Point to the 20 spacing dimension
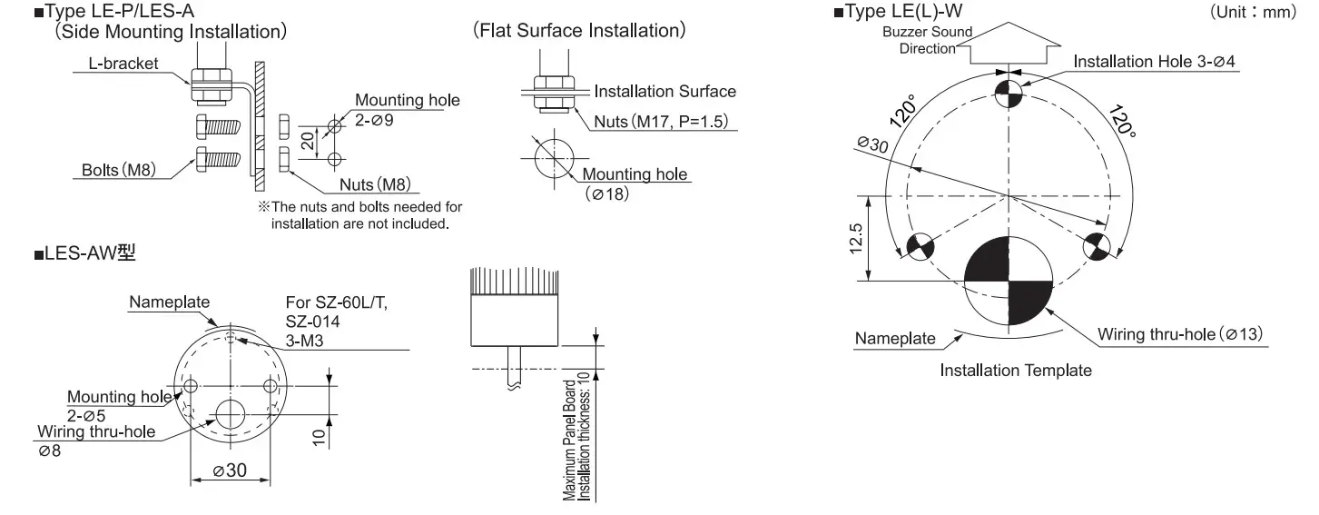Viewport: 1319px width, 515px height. point(308,142)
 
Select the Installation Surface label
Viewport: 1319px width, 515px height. point(664,92)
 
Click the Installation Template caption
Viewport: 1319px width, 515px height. point(1015,371)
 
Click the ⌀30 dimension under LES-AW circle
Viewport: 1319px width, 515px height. point(230,470)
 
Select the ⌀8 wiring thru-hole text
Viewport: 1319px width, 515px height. point(50,450)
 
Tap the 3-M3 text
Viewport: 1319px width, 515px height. point(306,340)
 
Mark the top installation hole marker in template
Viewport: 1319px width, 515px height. point(1008,93)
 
